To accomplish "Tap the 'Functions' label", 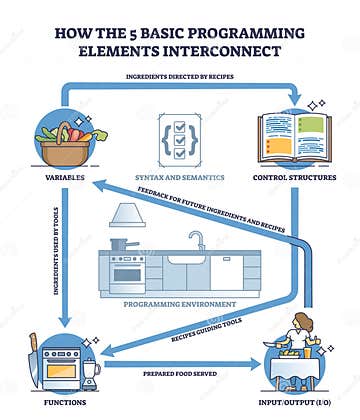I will point(62,401).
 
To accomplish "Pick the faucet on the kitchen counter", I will point(198,241).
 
